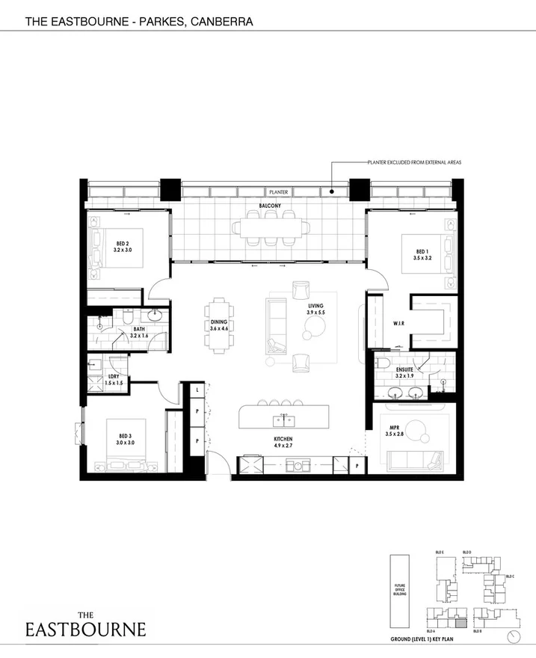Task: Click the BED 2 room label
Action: click(123, 244)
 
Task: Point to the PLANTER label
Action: click(279, 192)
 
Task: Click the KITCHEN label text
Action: click(283, 439)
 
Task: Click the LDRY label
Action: click(114, 376)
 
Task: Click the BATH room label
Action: click(139, 328)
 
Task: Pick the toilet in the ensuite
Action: click(381, 363)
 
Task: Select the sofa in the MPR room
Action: click(407, 458)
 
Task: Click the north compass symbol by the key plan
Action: click(512, 636)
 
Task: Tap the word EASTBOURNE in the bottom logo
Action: click(85, 629)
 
